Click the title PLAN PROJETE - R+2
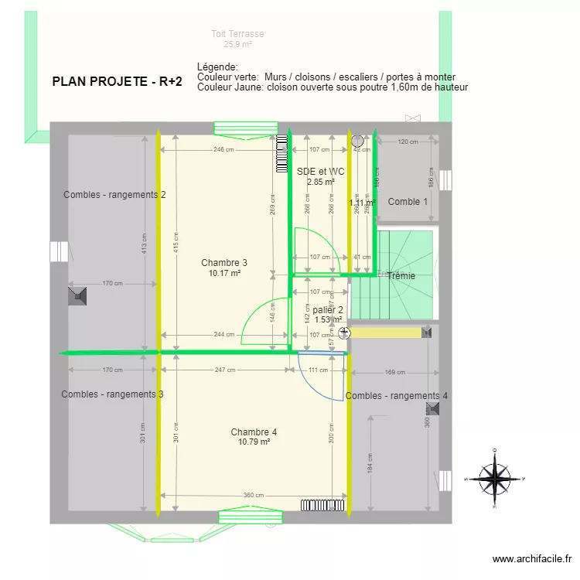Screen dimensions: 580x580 pyautogui.click(x=117, y=81)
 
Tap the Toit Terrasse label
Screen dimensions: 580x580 pyautogui.click(x=238, y=34)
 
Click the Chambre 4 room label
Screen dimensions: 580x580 pyautogui.click(x=254, y=432)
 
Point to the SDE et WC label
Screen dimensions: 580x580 pyautogui.click(x=320, y=171)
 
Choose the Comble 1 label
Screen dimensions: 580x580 pyautogui.click(x=408, y=202)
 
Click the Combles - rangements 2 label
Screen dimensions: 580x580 pyautogui.click(x=114, y=195)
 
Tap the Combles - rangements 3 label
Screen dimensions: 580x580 pyautogui.click(x=112, y=394)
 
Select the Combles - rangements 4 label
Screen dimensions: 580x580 pyautogui.click(x=397, y=396)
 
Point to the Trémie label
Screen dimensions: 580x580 pyautogui.click(x=401, y=275)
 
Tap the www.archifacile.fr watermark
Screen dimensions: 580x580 pyautogui.click(x=531, y=559)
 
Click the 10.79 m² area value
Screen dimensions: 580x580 pyautogui.click(x=254, y=442)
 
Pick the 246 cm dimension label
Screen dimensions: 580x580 pyautogui.click(x=224, y=150)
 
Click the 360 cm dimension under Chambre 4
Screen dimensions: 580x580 pyautogui.click(x=254, y=496)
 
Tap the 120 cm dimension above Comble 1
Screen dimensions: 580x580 pyautogui.click(x=408, y=142)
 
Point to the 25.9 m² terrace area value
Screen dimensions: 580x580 pyautogui.click(x=238, y=45)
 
